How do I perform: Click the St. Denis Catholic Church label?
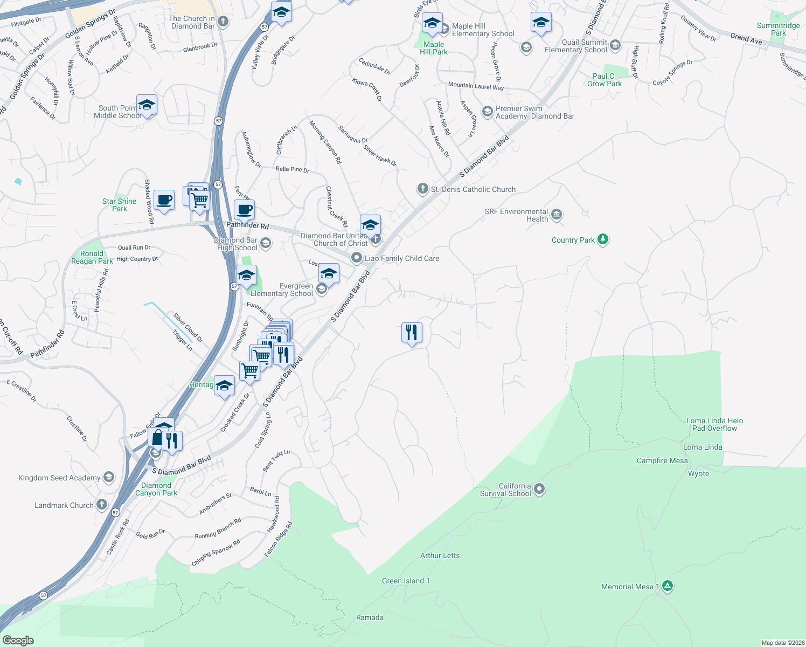pos(473,189)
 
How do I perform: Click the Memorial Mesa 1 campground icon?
pos(667,586)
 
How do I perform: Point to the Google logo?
pos(18,640)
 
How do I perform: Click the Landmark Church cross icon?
pos(101,505)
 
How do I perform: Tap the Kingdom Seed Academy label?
pos(59,478)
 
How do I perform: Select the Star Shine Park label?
pos(120,205)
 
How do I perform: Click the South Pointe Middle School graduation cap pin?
pos(147,104)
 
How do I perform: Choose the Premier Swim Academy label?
pos(534,112)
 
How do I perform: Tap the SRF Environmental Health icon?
pos(557,215)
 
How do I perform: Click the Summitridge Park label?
pos(778,29)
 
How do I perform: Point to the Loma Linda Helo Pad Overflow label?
pos(714,424)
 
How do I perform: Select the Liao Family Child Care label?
pos(402,258)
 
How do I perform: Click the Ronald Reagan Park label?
pos(92,257)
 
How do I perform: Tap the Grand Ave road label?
pos(746,39)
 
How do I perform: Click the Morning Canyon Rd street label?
pos(325,142)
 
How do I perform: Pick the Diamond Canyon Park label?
pos(156,489)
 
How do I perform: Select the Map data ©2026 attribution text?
pos(782,643)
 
